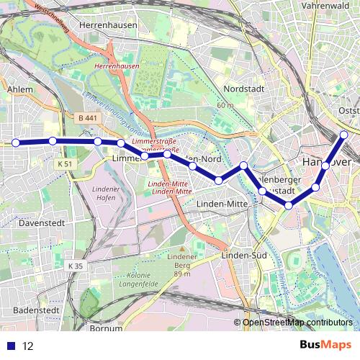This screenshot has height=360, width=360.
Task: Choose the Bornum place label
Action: [x=107, y=328]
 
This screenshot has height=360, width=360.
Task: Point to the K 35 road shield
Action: [x=76, y=266]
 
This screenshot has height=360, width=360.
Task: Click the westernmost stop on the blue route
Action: [x=16, y=143]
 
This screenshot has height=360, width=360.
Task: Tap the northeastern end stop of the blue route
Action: [x=344, y=135]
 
